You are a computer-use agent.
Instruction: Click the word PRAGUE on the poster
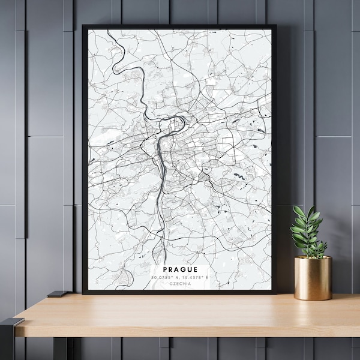179,270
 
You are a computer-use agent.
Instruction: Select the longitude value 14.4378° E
193,278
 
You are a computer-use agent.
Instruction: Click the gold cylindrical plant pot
312,278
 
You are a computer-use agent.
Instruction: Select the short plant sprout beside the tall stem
319,247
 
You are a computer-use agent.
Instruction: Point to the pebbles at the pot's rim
312,257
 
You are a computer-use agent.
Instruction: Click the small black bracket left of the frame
58,294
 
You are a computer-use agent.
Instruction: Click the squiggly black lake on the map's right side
239,176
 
